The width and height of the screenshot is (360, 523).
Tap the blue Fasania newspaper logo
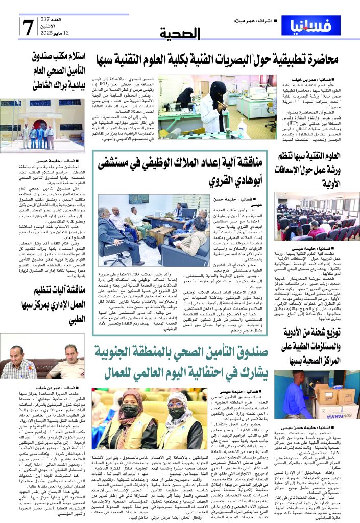314,25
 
